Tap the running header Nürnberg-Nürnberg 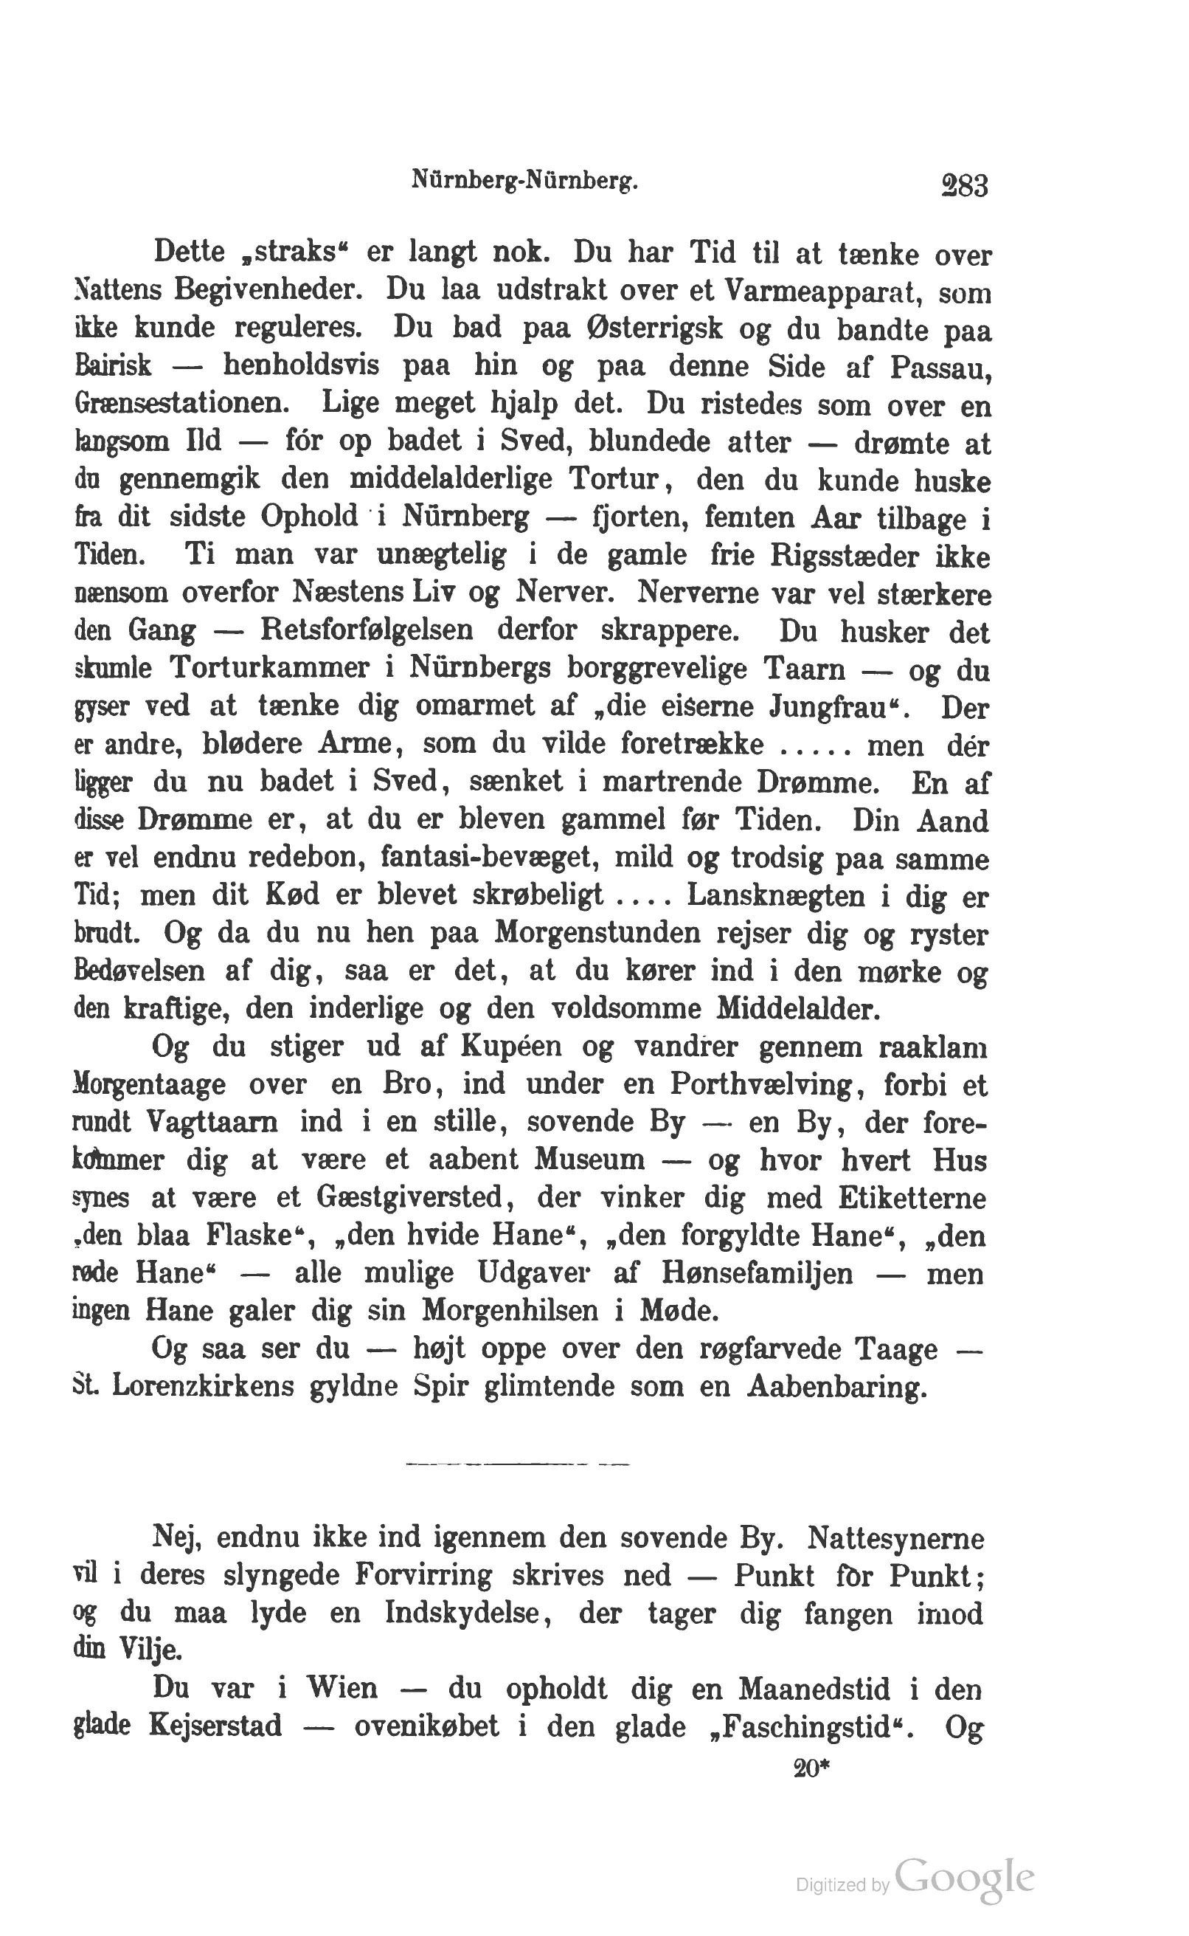click(524, 182)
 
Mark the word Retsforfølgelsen click(367, 631)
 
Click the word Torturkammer click(270, 669)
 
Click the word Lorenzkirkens click(204, 1387)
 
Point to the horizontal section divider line click(518, 1464)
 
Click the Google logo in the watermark click(963, 1876)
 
